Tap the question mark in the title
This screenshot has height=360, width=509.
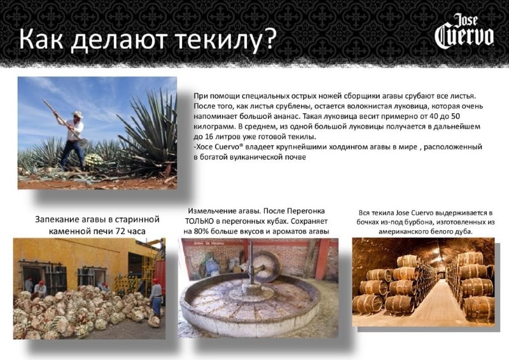(268, 39)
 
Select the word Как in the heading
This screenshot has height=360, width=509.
(42, 39)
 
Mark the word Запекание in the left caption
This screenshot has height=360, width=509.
(59, 219)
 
